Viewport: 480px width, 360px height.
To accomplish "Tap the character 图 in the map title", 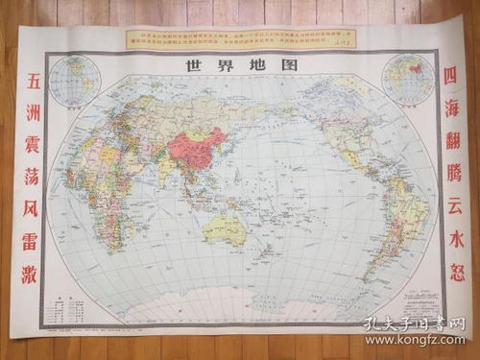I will pos(286,66).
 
